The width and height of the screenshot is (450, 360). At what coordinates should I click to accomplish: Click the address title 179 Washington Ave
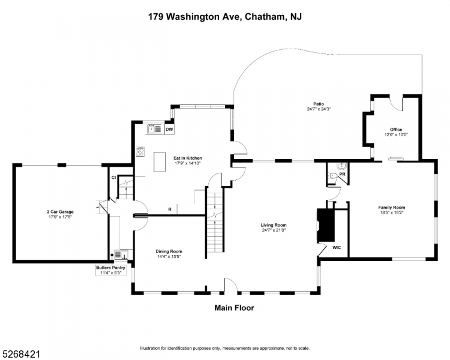225,17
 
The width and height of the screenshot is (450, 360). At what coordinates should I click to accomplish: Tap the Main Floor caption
234,308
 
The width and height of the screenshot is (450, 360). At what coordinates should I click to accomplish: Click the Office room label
395,132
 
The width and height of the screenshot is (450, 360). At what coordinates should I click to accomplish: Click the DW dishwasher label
169,129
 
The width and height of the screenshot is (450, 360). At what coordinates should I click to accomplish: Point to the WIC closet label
337,247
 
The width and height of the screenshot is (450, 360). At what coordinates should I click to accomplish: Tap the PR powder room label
343,175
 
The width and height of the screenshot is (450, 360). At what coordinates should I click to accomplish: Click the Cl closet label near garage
113,177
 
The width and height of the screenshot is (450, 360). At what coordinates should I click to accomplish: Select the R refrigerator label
170,209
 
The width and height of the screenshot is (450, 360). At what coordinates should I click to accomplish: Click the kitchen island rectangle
160,162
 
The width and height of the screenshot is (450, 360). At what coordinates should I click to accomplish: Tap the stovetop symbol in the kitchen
140,152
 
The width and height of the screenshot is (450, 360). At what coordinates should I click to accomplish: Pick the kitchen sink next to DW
153,128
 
